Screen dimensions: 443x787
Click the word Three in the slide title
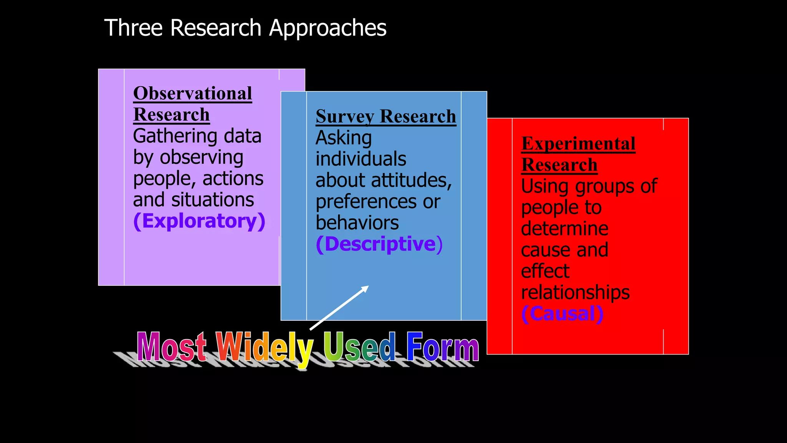133,28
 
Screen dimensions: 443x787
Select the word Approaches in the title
327,28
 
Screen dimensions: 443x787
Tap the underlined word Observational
193,93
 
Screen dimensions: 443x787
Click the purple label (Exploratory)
199,221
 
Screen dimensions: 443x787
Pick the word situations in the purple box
213,200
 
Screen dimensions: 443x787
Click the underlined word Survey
344,117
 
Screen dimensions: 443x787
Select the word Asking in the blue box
344,138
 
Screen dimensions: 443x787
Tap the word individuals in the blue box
360,159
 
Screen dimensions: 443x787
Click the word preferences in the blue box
366,202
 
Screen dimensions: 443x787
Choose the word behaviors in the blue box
357,223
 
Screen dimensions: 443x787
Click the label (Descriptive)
379,244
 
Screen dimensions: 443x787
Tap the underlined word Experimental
578,144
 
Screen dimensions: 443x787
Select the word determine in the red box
565,229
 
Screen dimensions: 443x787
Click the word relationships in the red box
575,293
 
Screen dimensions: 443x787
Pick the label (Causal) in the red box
562,314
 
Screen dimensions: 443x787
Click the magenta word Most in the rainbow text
171,346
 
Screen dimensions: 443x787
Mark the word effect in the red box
545,271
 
